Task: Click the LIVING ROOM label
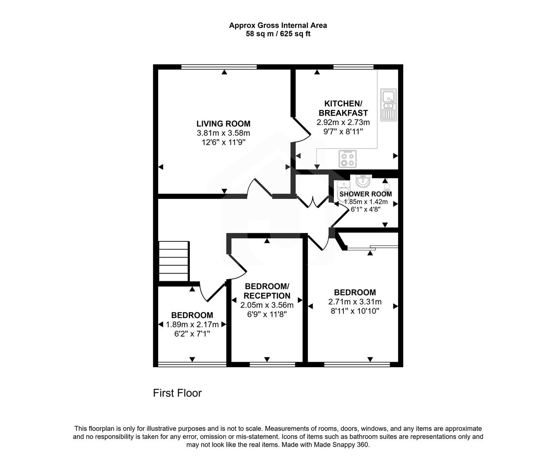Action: (223, 124)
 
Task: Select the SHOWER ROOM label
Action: (365, 194)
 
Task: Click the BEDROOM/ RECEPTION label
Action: (267, 291)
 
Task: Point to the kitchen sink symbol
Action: (388, 105)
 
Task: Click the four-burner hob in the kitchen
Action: (347, 159)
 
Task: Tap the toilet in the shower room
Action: (342, 189)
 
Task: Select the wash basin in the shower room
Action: (363, 181)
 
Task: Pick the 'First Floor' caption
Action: (177, 393)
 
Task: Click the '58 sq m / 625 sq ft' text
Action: (278, 34)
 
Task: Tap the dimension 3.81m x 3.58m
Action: (223, 133)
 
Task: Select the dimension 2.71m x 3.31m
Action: (354, 302)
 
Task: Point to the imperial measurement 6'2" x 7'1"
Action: (192, 334)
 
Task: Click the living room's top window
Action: (219, 67)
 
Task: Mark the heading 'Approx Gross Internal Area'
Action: (278, 25)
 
